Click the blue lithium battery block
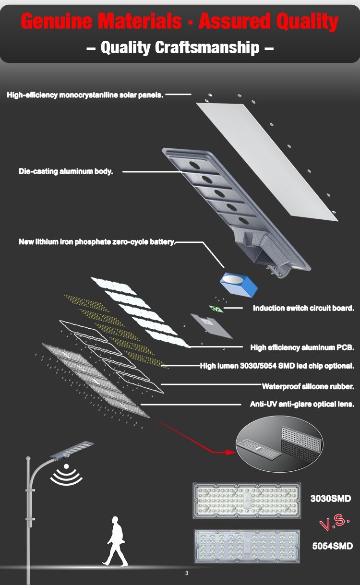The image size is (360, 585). click(x=239, y=285)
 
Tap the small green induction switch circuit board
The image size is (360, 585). click(x=216, y=309)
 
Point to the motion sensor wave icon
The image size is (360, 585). click(x=66, y=475)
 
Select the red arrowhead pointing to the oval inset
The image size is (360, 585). click(x=230, y=452)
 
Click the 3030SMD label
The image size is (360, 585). click(x=330, y=499)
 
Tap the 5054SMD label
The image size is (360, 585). click(x=332, y=546)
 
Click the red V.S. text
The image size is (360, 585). click(x=335, y=523)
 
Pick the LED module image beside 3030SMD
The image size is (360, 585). click(x=247, y=500)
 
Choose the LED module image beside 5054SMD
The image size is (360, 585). click(x=247, y=546)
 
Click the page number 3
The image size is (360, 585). click(x=187, y=573)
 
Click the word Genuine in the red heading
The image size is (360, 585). click(x=56, y=22)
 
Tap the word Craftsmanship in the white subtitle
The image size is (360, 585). click(x=207, y=48)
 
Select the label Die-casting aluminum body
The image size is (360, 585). click(x=66, y=172)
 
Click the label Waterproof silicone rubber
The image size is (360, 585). click(x=308, y=386)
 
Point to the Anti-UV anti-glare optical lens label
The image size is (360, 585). click(x=302, y=404)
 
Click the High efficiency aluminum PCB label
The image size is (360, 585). click(x=302, y=347)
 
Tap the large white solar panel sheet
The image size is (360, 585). click(x=267, y=162)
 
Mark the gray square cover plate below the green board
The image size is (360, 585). click(x=211, y=326)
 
